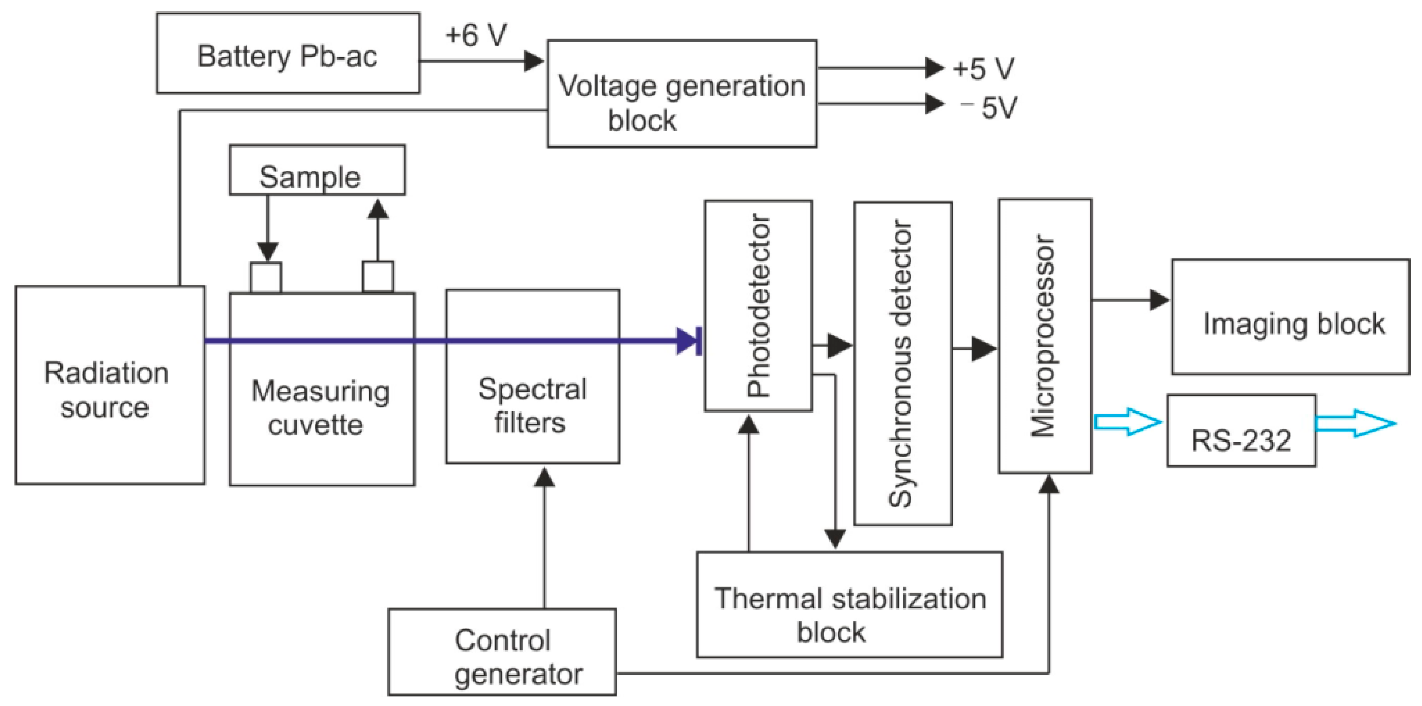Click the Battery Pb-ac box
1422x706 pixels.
tap(287, 53)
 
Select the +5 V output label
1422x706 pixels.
tap(984, 70)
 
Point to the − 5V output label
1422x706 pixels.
tap(990, 107)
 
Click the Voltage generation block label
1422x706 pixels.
tap(681, 103)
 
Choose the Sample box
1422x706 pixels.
tap(317, 170)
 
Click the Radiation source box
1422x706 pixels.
tap(109, 385)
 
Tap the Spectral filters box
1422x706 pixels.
tap(532, 406)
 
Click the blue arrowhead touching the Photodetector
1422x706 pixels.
tap(689, 341)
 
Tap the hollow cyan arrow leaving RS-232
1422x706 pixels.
tap(1356, 424)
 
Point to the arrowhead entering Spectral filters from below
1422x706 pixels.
tap(544, 478)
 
